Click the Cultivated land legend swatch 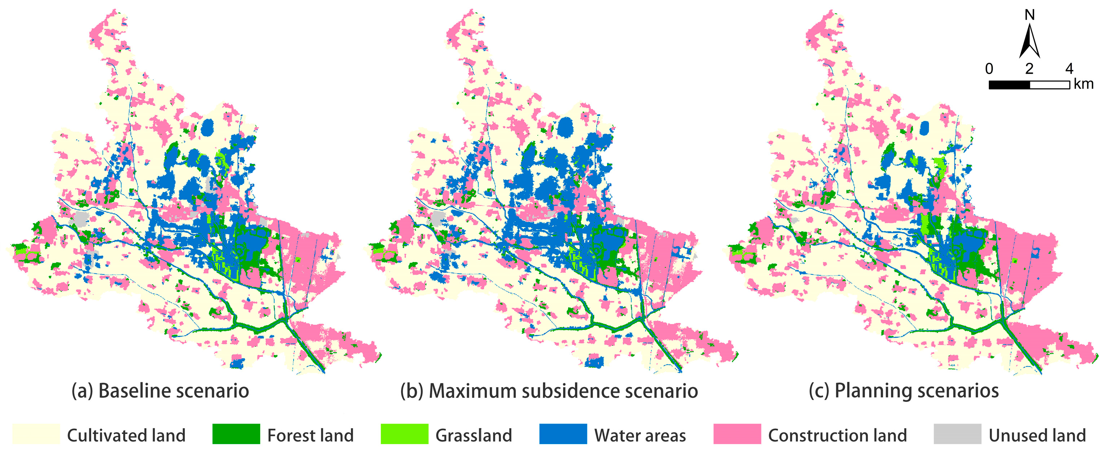(x=36, y=434)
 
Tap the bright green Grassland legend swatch (x=404, y=434)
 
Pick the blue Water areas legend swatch (x=562, y=434)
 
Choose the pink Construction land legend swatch (x=737, y=434)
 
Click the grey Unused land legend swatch (x=957, y=434)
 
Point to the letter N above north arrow (x=1030, y=15)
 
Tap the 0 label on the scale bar (x=990, y=69)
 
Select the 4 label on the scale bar (x=1069, y=69)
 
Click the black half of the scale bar (x=1009, y=85)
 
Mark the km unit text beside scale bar (x=1083, y=84)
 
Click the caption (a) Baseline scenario (x=160, y=391)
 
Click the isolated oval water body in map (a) (x=207, y=127)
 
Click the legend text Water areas (x=640, y=435)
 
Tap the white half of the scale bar (x=1049, y=85)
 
